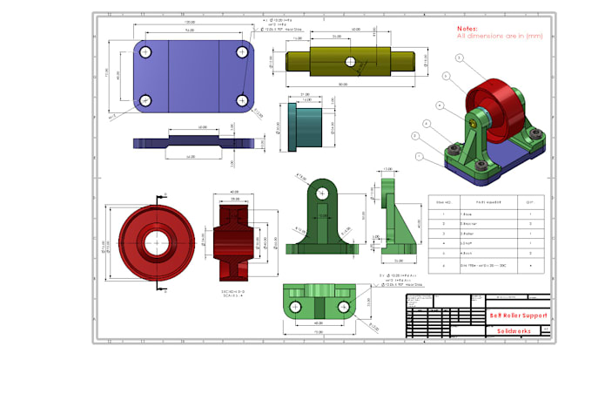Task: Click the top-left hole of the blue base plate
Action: coord(146,53)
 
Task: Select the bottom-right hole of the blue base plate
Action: coord(240,99)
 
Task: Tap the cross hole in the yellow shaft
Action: coord(349,63)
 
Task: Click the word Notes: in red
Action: coord(468,28)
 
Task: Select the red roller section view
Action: coord(235,238)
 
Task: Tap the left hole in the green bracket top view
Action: coord(296,307)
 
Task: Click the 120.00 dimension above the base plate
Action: coord(188,22)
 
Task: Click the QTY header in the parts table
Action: coord(530,200)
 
